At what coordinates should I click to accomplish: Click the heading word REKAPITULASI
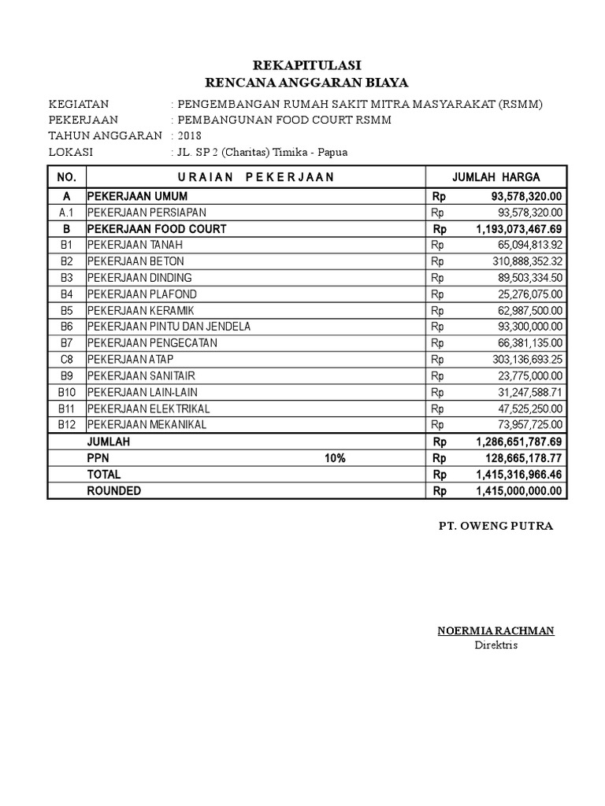pyautogui.click(x=306, y=65)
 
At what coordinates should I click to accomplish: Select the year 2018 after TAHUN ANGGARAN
pyautogui.click(x=191, y=136)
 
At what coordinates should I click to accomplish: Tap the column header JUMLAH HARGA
pyautogui.click(x=496, y=177)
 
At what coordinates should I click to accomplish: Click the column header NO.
pyautogui.click(x=66, y=177)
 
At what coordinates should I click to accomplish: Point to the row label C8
pyautogui.click(x=66, y=360)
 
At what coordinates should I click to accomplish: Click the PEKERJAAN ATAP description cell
pyautogui.click(x=131, y=360)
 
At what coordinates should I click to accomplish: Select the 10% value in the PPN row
pyautogui.click(x=334, y=458)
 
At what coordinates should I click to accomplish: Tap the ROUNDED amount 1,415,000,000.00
pyautogui.click(x=519, y=490)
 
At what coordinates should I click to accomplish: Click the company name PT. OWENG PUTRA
pyautogui.click(x=496, y=526)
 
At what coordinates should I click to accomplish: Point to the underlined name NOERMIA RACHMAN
pyautogui.click(x=496, y=630)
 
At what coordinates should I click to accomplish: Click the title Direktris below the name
pyautogui.click(x=496, y=645)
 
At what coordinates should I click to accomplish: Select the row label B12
pyautogui.click(x=66, y=425)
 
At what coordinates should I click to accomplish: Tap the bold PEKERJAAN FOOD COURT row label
pyautogui.click(x=157, y=229)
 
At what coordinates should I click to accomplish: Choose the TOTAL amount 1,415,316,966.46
pyautogui.click(x=519, y=475)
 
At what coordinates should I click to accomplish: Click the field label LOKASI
pyautogui.click(x=70, y=152)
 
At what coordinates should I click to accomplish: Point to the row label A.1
pyautogui.click(x=66, y=213)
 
